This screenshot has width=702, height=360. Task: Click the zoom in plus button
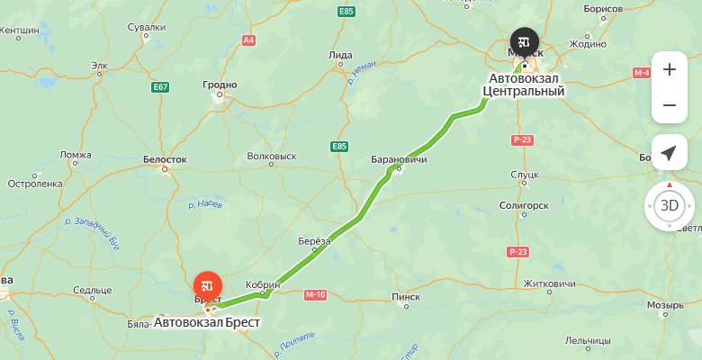[x=669, y=69]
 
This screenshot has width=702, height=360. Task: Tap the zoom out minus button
[x=669, y=105]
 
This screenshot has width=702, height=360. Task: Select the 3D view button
[x=669, y=205]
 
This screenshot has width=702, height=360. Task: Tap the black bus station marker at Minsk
[x=524, y=41]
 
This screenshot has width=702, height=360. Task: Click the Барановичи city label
[x=399, y=159]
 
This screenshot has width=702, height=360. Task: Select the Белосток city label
[x=165, y=159]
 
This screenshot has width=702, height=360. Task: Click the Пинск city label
[x=406, y=296]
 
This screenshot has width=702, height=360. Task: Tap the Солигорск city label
[x=523, y=205]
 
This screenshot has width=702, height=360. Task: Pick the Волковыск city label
[x=271, y=156]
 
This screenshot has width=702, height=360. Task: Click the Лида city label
[x=341, y=55]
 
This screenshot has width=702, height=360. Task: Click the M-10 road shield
[x=315, y=294]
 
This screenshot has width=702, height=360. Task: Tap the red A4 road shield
[x=248, y=40]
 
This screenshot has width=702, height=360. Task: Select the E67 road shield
[x=161, y=86]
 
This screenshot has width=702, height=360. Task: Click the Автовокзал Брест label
[x=207, y=321]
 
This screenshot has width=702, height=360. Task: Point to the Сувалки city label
[x=147, y=27]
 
